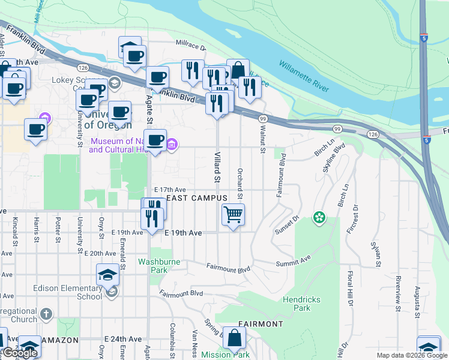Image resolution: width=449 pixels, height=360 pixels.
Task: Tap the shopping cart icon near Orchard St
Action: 233,214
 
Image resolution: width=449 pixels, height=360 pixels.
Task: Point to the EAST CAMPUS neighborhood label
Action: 197,198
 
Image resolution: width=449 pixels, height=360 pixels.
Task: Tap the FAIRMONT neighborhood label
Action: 260,324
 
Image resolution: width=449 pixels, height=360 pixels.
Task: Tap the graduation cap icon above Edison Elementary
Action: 108,274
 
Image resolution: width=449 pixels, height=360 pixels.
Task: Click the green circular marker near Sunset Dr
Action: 319,217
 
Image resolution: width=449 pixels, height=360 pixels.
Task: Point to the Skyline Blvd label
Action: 328,159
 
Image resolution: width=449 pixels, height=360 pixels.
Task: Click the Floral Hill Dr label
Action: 349,289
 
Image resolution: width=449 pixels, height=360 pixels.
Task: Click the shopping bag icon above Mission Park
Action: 234,338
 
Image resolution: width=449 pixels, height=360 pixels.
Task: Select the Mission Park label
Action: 225,355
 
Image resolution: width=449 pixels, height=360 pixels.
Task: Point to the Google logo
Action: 20,353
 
